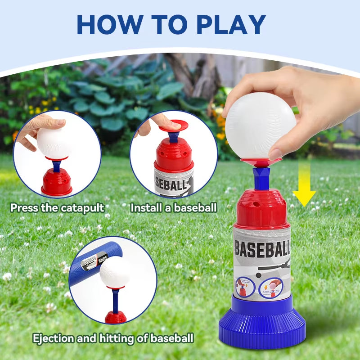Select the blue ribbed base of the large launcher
pyautogui.click(x=261, y=322)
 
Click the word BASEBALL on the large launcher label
pyautogui.click(x=263, y=249)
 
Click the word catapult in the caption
pyautogui.click(x=83, y=208)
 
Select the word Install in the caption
pyautogui.click(x=144, y=208)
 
